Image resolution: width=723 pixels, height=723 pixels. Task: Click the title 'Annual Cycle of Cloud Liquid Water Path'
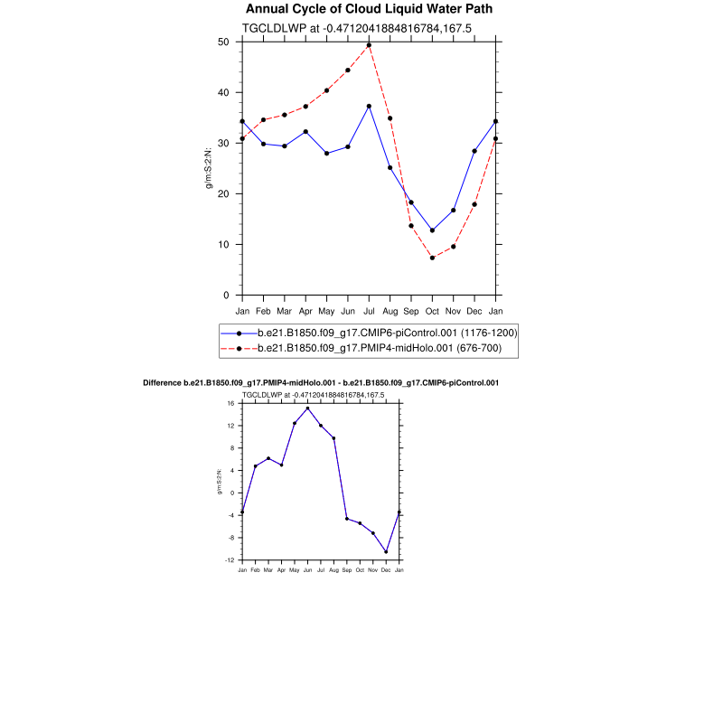coord(370,9)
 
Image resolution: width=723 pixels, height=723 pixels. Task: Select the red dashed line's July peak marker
coord(369,45)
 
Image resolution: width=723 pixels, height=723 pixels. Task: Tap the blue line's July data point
coord(369,107)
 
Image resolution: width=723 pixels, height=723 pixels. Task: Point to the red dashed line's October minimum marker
coord(432,258)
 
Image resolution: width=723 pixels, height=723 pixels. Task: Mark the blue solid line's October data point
coord(432,230)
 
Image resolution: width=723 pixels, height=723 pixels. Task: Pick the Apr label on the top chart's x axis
coord(305,311)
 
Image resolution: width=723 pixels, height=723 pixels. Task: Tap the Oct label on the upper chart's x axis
coord(432,311)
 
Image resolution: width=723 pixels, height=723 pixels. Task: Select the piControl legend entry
coord(387,333)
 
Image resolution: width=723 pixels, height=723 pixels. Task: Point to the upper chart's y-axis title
coord(209,168)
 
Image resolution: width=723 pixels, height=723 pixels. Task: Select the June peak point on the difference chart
coord(307,408)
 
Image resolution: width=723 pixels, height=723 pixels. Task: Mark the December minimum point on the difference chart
coord(386,552)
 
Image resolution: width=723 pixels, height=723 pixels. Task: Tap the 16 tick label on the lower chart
coord(230,403)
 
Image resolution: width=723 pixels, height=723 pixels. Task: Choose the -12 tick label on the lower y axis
coord(230,560)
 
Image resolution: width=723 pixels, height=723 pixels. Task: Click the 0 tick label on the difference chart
coord(232,493)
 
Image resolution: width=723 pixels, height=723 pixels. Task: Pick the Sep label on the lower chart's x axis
coord(346,570)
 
